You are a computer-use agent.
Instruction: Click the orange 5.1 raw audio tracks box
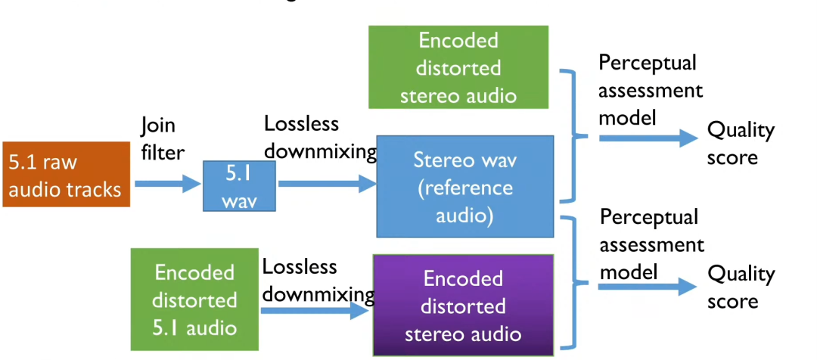point(67,175)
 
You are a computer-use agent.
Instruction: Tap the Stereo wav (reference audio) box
point(464,187)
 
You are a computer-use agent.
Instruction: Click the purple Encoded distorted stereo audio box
point(464,306)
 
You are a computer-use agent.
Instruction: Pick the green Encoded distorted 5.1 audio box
point(195,299)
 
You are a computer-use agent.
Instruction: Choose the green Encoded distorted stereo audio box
point(458,67)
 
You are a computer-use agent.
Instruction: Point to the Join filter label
point(162,138)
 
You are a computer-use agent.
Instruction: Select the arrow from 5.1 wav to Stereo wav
point(327,184)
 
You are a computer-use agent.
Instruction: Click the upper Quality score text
point(741,144)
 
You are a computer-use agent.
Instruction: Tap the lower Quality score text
point(741,287)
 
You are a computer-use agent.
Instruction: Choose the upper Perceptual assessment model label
point(650,91)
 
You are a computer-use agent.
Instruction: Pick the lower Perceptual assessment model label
point(651,244)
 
